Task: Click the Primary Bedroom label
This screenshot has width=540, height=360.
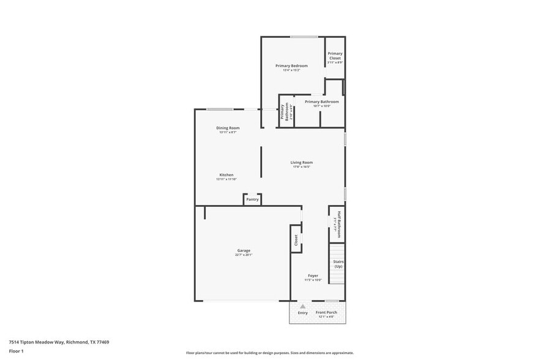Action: click(291, 66)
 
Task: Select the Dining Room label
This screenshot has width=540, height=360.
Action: click(227, 128)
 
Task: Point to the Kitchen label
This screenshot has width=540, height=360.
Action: click(226, 174)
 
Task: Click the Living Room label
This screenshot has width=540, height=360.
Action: click(301, 162)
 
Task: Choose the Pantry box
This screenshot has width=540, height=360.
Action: click(252, 199)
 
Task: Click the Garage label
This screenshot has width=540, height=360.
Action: click(244, 250)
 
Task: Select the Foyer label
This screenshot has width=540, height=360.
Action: click(313, 276)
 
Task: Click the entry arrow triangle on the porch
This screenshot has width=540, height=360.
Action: click(302, 306)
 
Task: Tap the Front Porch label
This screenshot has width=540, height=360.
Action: click(326, 312)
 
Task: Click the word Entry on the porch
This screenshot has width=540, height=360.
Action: click(302, 313)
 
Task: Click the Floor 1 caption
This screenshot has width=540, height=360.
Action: click(16, 351)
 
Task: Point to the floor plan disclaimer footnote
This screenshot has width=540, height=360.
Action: click(269, 353)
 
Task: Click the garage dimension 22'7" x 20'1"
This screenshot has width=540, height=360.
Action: click(244, 255)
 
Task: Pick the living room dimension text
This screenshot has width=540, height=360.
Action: click(301, 167)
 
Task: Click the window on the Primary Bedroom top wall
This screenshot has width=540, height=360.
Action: click(299, 37)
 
